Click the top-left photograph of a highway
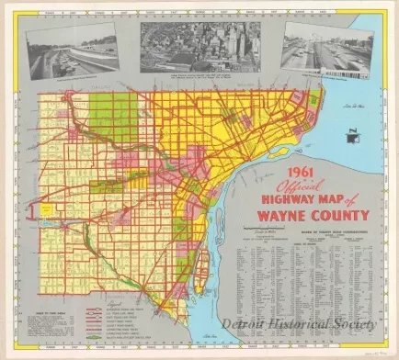tap(72, 53)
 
